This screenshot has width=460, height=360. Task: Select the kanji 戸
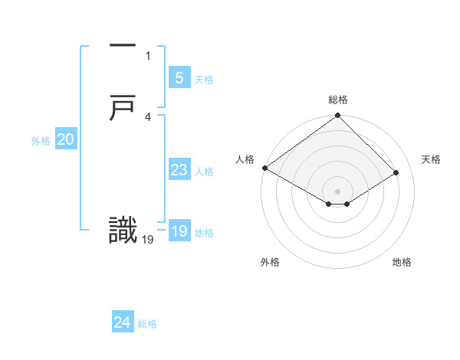pyautogui.click(x=123, y=109)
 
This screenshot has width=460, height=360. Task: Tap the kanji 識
pyautogui.click(x=123, y=231)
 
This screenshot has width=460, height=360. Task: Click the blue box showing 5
pyautogui.click(x=179, y=77)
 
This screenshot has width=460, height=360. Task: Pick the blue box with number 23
pyautogui.click(x=179, y=170)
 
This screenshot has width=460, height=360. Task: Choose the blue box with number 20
pyautogui.click(x=65, y=139)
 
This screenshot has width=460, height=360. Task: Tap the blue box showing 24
pyautogui.click(x=122, y=322)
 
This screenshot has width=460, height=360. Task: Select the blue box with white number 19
pyautogui.click(x=179, y=231)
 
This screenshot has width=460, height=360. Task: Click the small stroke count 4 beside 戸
pyautogui.click(x=148, y=116)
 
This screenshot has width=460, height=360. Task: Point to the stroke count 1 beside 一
pyautogui.click(x=148, y=55)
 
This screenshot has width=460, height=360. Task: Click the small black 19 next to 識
pyautogui.click(x=148, y=239)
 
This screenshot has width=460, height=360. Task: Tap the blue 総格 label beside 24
pyautogui.click(x=147, y=324)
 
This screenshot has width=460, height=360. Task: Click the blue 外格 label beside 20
pyautogui.click(x=41, y=141)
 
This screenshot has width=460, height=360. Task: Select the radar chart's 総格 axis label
pyautogui.click(x=338, y=100)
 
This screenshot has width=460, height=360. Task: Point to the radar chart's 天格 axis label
pyautogui.click(x=431, y=159)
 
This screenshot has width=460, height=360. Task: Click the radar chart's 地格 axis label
pyautogui.click(x=402, y=262)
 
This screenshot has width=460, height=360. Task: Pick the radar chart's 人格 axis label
pyautogui.click(x=245, y=159)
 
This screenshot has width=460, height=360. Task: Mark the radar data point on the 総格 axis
pyautogui.click(x=338, y=116)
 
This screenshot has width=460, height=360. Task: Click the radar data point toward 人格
pyautogui.click(x=264, y=168)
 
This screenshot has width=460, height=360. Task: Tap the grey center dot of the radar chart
pyautogui.click(x=338, y=191)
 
